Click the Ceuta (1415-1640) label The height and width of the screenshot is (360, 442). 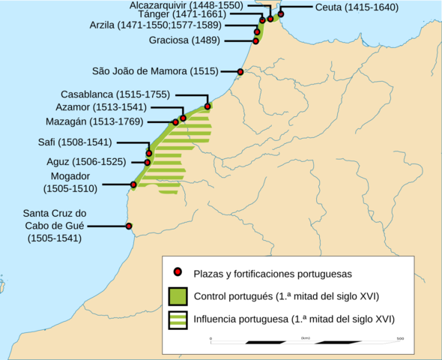[355, 7]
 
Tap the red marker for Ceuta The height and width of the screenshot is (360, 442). [281, 14]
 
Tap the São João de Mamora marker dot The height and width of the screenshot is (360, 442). [240, 72]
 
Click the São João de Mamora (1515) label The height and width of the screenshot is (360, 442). [155, 72]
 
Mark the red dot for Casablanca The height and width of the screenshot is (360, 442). [208, 106]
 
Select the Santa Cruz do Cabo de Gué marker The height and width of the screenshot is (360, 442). [129, 226]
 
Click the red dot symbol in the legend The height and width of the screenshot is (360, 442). [178, 272]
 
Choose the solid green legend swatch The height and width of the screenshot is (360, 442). [178, 295]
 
